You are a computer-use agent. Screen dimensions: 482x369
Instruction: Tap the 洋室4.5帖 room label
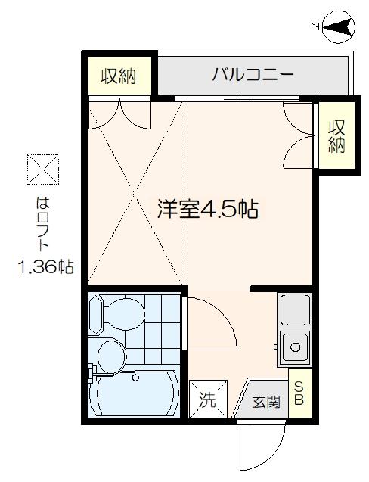click(207, 208)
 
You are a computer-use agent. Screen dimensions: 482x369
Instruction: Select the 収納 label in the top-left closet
click(118, 76)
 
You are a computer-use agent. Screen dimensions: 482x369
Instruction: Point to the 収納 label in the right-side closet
click(335, 136)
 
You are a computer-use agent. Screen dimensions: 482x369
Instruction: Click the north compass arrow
click(338, 27)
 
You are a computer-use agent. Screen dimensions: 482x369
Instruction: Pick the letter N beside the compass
click(315, 27)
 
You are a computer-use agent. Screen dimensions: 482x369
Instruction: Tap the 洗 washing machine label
click(206, 400)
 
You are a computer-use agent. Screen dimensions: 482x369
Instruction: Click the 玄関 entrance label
click(266, 402)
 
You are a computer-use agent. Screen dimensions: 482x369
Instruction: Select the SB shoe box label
click(299, 393)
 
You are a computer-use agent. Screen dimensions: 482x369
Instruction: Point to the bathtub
click(135, 391)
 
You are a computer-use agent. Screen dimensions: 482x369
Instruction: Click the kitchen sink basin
click(295, 348)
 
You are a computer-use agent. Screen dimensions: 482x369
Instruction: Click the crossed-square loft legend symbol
click(42, 169)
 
